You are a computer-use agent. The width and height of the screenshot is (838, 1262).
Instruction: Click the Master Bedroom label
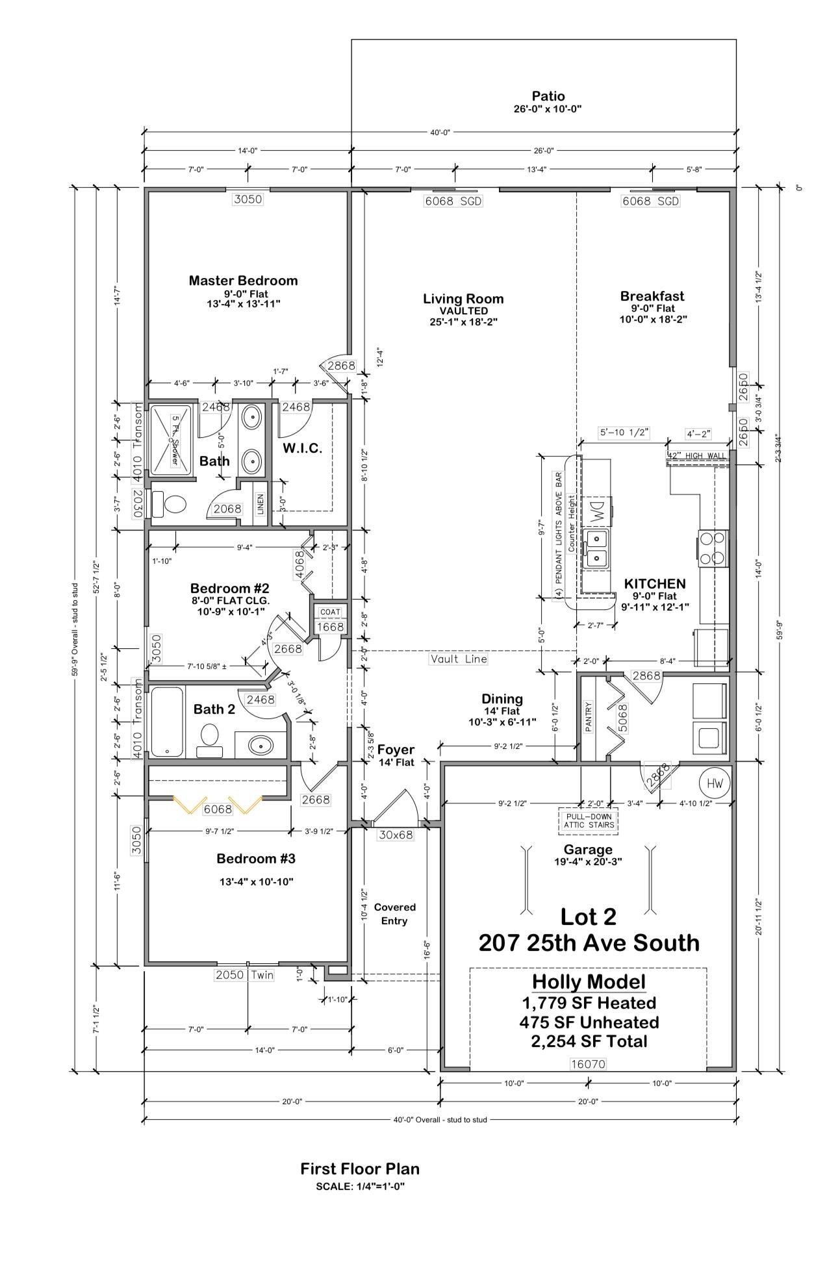coord(243,281)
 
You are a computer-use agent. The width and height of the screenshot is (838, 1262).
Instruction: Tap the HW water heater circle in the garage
coord(714,783)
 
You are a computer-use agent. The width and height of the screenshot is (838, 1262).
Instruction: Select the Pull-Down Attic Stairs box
coord(588,821)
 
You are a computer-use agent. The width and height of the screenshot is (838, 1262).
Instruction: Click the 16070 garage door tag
coord(587,1064)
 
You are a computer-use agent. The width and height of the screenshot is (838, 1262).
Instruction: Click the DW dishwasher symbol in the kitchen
coord(596,511)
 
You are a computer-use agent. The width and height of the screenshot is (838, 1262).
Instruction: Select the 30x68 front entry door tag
coord(396,835)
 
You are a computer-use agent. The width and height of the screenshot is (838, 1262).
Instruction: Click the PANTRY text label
coord(589,716)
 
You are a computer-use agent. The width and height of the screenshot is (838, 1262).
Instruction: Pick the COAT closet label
coord(330,612)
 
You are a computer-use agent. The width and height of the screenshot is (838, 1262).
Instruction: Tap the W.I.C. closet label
coord(302,448)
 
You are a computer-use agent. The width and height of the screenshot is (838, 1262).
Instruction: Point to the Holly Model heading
coord(589,981)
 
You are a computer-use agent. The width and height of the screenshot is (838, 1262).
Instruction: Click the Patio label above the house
coord(548,96)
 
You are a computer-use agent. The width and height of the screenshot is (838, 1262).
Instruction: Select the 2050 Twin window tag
coord(244,975)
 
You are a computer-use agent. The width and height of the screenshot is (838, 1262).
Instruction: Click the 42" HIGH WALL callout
coord(697,456)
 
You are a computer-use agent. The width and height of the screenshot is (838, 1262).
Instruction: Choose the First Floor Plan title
coord(360,1168)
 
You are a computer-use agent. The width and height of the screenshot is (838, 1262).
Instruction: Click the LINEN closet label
coord(260,503)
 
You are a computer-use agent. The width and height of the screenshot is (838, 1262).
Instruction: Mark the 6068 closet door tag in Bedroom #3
coord(217,809)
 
